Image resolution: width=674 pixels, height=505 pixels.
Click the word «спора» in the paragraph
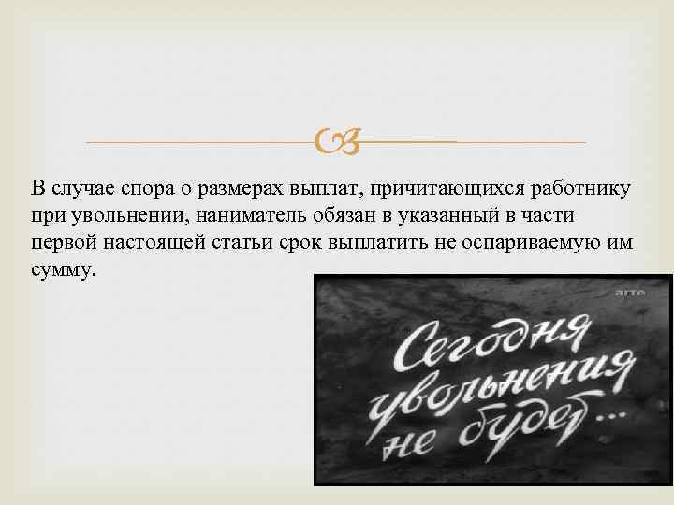[142, 191]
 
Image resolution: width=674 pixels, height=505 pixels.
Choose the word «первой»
[63, 243]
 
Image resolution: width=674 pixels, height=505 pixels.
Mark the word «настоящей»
[158, 243]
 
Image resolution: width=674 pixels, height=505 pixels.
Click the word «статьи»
[251, 243]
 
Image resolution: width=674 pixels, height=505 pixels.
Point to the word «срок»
[315, 243]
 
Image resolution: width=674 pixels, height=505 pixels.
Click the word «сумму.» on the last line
[63, 269]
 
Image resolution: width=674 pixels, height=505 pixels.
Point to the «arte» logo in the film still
[628, 293]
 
